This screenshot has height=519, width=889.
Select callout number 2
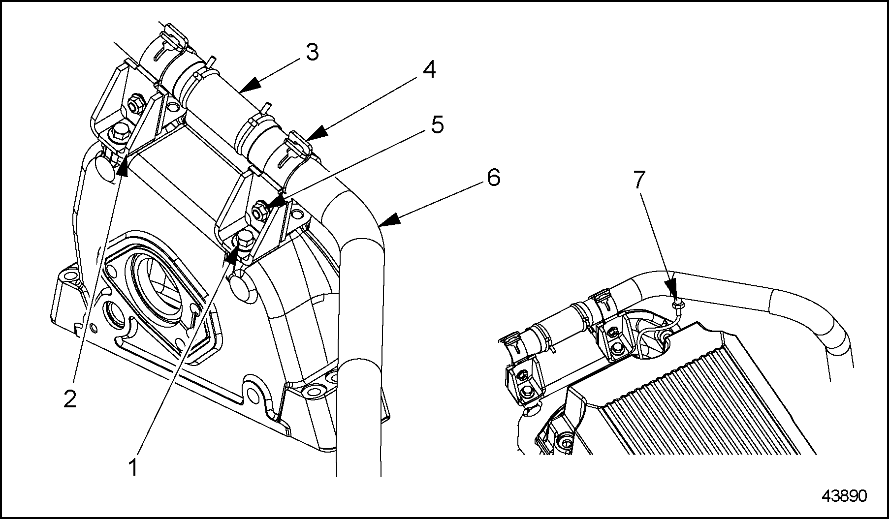click(x=70, y=399)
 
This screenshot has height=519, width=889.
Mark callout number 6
click(x=493, y=177)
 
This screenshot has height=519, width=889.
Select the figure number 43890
click(x=844, y=495)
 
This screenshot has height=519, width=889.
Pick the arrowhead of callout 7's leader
click(x=671, y=290)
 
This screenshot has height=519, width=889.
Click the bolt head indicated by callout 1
click(x=245, y=242)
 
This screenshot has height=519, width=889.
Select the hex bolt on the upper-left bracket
click(x=120, y=132)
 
